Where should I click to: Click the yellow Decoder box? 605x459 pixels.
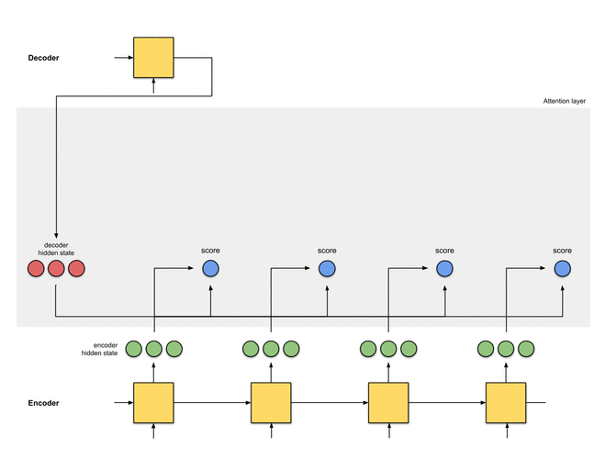pos(153,57)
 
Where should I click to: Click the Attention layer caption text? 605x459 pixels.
pos(565,101)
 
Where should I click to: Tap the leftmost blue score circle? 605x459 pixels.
pos(210,269)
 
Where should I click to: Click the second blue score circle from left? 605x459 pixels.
pos(328,269)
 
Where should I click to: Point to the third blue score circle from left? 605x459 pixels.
pos(444,269)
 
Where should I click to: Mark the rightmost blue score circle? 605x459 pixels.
pos(562,269)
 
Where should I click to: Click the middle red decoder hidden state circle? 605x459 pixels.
pos(56,269)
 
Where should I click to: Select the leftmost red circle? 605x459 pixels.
pos(36,269)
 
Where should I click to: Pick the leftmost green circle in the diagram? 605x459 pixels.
pos(134,349)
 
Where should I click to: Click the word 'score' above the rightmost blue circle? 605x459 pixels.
pos(562,250)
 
